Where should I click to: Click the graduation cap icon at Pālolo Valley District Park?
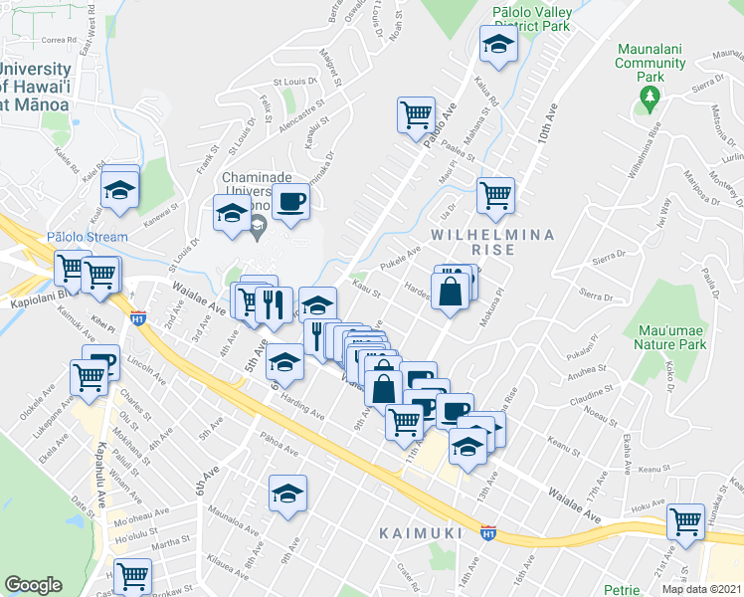498,44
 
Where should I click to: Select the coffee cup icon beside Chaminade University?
290,202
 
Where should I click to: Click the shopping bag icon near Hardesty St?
451,291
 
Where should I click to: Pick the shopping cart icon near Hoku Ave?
686,520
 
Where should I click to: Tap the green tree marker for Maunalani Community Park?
651,96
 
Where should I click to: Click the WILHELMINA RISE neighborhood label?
472,242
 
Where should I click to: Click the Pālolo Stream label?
88,237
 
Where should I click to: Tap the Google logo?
33,585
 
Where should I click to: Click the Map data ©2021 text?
701,589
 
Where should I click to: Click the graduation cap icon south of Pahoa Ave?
287,493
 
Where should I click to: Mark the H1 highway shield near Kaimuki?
487,532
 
